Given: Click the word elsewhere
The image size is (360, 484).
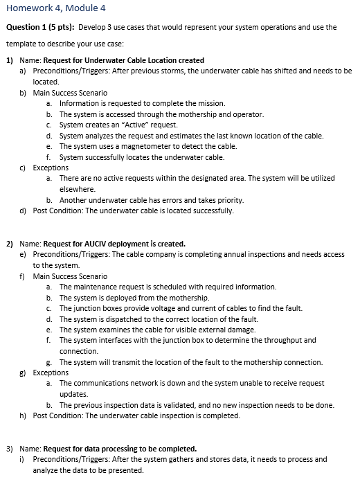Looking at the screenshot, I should (77, 189).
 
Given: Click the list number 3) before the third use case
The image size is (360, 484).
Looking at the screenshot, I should (10, 448).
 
